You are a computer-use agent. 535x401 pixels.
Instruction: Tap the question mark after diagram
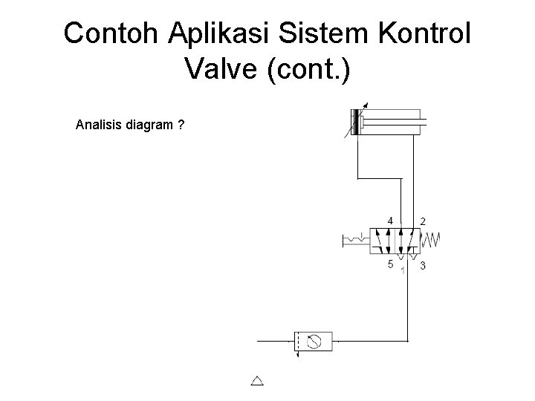coord(181,124)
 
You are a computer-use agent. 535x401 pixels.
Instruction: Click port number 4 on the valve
coord(391,221)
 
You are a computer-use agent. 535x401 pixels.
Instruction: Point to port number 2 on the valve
coord(423,221)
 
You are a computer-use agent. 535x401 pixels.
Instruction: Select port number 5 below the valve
coord(391,264)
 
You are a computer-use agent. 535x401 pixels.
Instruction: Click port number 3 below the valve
coord(423,265)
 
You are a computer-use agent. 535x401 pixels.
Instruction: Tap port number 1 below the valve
coord(402,270)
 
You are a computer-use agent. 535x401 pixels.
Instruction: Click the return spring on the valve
coord(432,240)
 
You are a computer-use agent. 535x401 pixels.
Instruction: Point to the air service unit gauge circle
coord(314,342)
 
